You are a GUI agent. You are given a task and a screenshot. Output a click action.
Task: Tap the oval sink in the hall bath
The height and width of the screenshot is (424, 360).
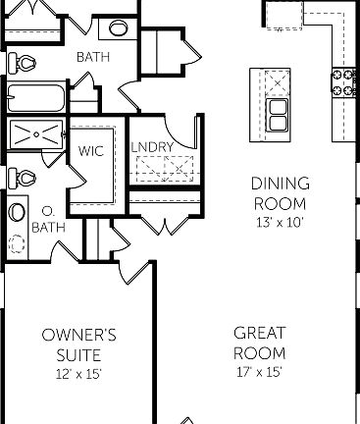118,28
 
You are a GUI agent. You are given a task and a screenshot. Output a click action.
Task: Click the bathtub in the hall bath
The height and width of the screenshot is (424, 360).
35,99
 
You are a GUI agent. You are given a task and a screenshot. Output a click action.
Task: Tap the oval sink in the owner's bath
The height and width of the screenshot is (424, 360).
18,213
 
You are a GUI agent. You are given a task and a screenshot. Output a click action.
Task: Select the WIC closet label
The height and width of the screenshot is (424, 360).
91,152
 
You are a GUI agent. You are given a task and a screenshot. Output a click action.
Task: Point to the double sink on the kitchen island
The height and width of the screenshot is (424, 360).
278,115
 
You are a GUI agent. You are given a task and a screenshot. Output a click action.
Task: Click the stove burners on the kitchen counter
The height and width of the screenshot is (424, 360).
345,84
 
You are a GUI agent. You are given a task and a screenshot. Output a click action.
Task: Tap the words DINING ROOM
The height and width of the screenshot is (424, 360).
281,193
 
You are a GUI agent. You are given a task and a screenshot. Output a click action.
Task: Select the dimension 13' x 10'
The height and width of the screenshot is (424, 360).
281,222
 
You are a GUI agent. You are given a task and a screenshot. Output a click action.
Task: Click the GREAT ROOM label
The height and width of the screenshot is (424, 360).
259,344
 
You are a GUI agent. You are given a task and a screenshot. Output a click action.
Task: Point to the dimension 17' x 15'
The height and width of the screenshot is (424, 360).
259,372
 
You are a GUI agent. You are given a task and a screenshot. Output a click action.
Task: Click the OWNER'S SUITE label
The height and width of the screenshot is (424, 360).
79,344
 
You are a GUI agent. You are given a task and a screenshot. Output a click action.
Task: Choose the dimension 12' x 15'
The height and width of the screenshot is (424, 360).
79,373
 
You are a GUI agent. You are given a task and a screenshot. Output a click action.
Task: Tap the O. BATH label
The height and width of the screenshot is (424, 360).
46,219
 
